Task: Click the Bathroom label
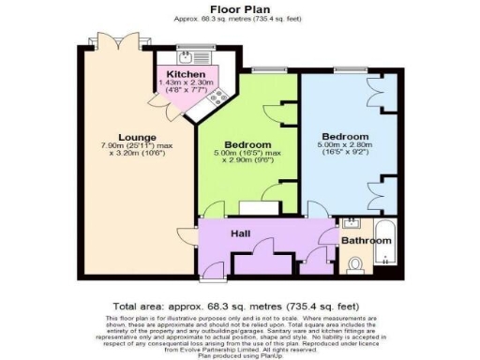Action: tap(365, 241)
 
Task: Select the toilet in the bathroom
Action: tap(353, 268)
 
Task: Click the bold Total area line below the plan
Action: tap(240, 307)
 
